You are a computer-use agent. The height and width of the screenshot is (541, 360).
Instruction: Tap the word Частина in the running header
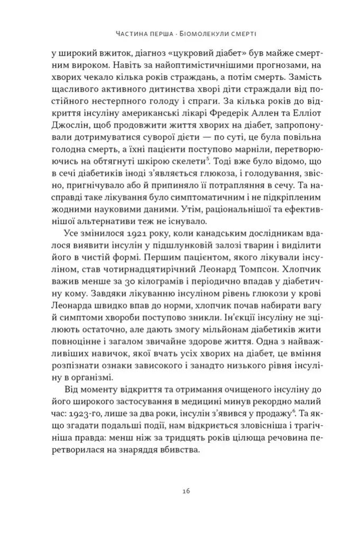pyautogui.click(x=134, y=34)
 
